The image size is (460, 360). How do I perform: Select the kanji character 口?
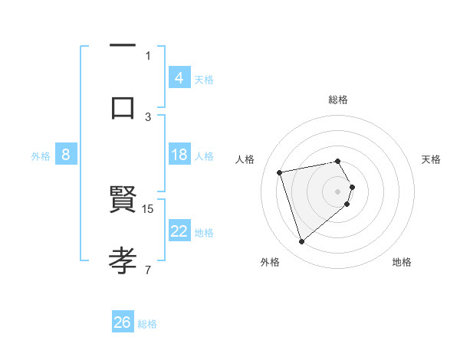pyautogui.click(x=123, y=106)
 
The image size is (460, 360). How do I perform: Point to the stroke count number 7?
pyautogui.click(x=148, y=269)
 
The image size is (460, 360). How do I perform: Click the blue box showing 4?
pyautogui.click(x=179, y=78)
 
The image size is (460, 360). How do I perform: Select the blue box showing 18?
pyautogui.click(x=179, y=155)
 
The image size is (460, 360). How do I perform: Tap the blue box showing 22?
pyautogui.click(x=179, y=231)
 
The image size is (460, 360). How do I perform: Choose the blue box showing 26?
pyautogui.click(x=122, y=322)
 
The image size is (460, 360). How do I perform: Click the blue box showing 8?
pyautogui.click(x=65, y=155)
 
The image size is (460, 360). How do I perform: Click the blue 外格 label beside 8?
pyautogui.click(x=41, y=156)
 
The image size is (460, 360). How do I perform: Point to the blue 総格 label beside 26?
pyautogui.click(x=147, y=324)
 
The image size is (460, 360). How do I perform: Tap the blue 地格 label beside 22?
pyautogui.click(x=204, y=233)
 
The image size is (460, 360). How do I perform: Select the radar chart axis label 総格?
pyautogui.click(x=338, y=100)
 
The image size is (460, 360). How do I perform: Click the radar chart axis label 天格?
pyautogui.click(x=432, y=159)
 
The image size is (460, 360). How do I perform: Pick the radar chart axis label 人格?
pyautogui.click(x=245, y=159)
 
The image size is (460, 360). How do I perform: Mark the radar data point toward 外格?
pyautogui.click(x=302, y=242)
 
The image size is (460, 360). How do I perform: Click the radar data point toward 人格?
pyautogui.click(x=280, y=172)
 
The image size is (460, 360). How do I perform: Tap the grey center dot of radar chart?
pyautogui.click(x=338, y=191)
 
